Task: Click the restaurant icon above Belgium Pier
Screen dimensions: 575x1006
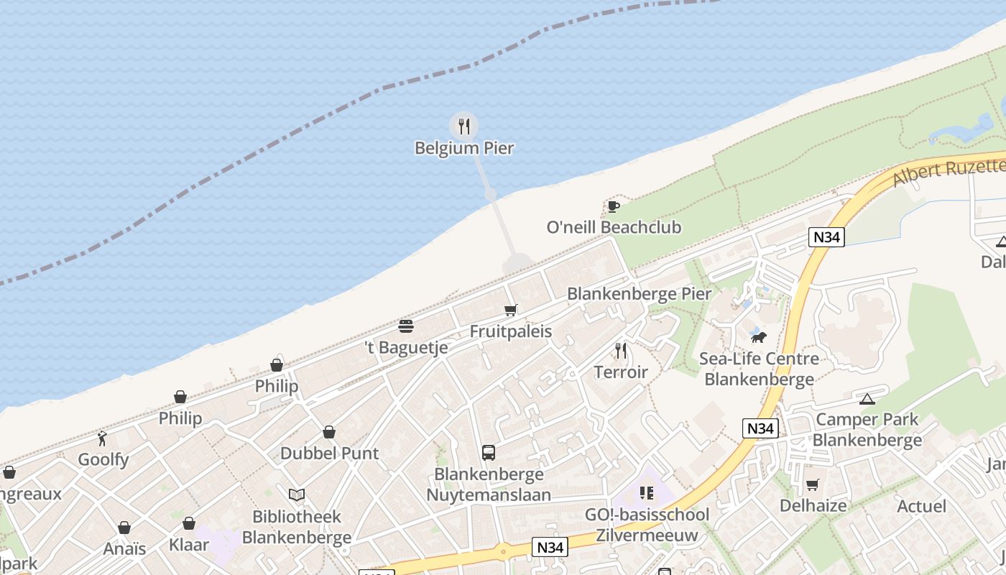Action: [x=464, y=126]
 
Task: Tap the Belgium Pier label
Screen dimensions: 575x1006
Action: [x=464, y=148]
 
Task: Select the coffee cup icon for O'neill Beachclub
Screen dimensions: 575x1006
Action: [x=613, y=207]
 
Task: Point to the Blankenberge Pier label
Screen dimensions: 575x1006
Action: [x=639, y=293]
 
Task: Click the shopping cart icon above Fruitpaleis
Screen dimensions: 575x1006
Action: [x=510, y=310]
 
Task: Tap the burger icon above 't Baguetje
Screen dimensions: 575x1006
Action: [x=406, y=326]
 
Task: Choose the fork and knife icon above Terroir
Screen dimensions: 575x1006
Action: [x=621, y=351]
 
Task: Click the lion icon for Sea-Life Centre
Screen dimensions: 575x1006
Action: [x=758, y=336]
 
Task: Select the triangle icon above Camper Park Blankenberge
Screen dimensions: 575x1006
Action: [x=867, y=399]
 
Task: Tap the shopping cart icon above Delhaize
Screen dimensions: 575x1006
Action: [x=812, y=485]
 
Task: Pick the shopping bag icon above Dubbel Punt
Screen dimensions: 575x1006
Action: [x=329, y=432]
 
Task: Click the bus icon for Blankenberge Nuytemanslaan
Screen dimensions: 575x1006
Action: [x=489, y=453]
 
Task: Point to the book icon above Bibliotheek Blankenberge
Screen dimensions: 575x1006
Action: [x=296, y=494]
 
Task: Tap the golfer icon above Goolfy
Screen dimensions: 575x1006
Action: [x=103, y=438]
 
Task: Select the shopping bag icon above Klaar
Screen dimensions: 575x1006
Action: [x=189, y=523]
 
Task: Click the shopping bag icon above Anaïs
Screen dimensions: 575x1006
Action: [x=124, y=528]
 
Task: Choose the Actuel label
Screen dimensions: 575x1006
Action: [x=921, y=506]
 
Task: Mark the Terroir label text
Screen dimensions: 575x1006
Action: [x=621, y=372]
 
